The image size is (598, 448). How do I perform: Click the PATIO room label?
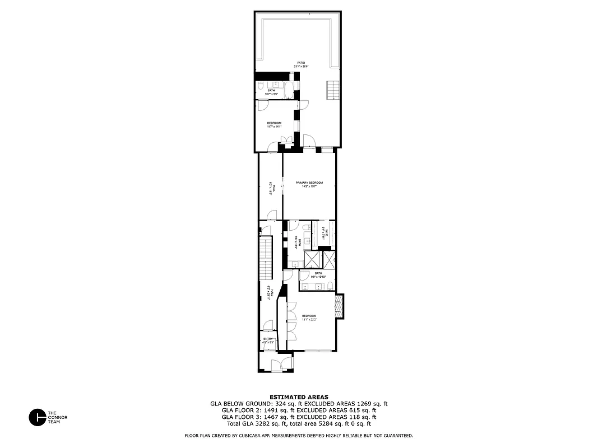tap(302, 63)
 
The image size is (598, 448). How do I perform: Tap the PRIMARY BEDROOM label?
tap(309, 183)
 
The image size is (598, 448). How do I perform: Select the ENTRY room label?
tap(268, 339)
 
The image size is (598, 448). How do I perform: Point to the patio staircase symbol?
tap(333, 88)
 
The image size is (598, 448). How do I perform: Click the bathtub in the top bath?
tap(288, 90)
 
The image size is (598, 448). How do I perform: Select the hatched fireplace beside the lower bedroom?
tap(339, 306)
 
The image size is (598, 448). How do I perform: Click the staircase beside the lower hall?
tap(266, 258)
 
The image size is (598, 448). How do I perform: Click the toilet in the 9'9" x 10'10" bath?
tap(331, 286)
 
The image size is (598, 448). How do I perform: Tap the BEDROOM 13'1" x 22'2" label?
tap(309, 318)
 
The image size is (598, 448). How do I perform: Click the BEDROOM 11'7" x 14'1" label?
tap(274, 124)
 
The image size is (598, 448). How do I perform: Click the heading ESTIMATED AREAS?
tap(299, 396)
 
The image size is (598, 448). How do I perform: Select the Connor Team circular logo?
tap(38, 417)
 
